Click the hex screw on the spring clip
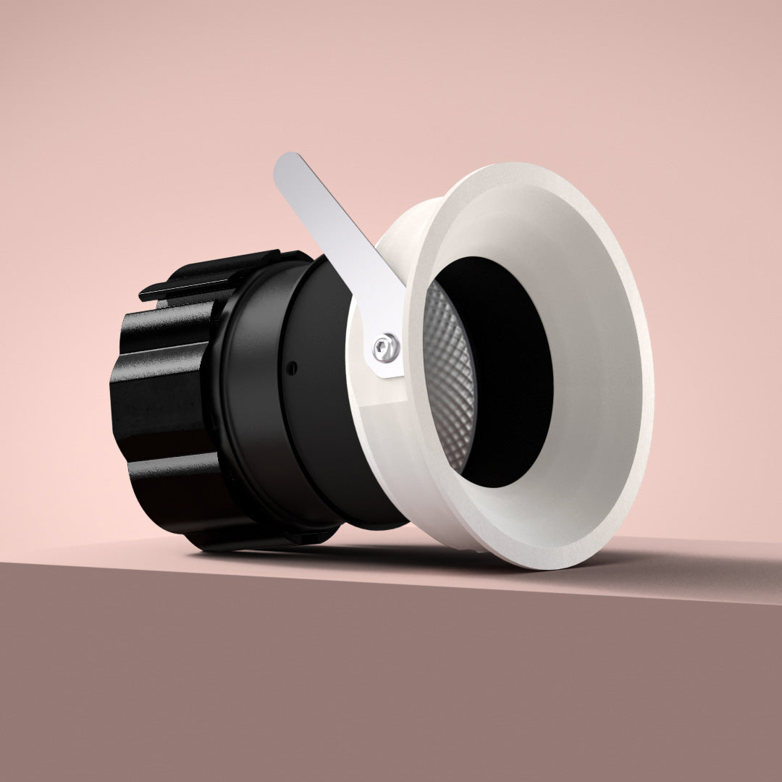pos(386,348)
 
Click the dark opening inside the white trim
pos(507,369)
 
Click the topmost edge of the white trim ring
pos(521,167)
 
